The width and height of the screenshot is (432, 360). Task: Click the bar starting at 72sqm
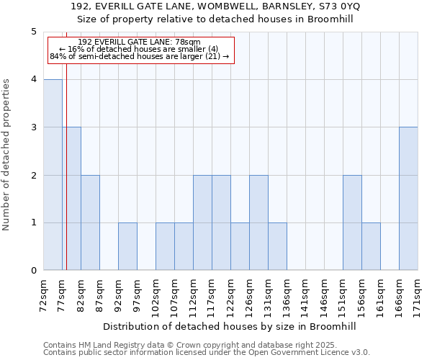53,175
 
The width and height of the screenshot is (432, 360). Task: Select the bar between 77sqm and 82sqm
71,199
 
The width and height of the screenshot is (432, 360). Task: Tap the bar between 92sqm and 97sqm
127,246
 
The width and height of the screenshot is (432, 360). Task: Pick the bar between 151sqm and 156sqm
352,222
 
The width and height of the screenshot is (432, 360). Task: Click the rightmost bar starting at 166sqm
408,199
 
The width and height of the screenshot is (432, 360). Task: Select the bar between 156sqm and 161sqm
371,246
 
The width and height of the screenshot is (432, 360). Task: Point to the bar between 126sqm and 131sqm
258,222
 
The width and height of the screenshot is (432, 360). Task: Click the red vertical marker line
66,166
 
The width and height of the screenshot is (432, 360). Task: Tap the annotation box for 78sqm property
140,50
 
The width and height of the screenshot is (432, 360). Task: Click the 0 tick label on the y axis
33,271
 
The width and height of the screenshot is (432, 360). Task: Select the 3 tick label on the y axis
33,127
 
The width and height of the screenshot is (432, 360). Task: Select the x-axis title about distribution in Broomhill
230,326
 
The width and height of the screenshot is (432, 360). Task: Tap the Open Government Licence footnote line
207,353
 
